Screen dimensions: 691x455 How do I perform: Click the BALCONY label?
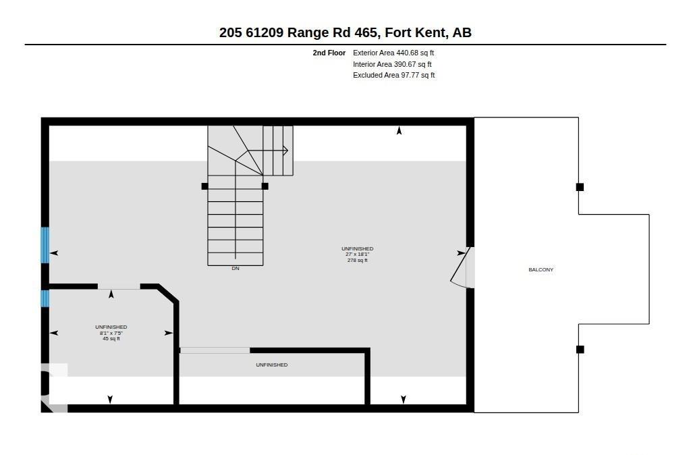pos(541,269)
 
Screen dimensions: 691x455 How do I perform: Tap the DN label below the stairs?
pos(236,268)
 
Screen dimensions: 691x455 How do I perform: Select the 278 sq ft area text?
pos(358,260)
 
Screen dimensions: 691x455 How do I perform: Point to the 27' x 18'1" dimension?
pos(358,255)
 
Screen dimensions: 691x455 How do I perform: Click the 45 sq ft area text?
pos(111,339)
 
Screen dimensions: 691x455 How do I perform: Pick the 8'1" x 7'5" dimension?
pos(111,333)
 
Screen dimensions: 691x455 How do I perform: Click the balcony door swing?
pos(460,266)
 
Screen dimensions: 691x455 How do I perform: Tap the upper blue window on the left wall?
pos(45,245)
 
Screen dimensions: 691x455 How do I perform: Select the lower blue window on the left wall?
pos(45,298)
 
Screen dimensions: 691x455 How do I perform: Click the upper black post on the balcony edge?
pos(580,187)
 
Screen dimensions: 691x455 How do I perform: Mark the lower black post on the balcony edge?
pos(580,350)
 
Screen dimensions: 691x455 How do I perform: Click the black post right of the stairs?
pos(265,186)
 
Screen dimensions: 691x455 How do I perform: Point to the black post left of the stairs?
pos(204,186)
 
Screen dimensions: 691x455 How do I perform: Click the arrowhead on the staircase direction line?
pos(285,151)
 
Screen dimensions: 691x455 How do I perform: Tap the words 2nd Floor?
pos(329,53)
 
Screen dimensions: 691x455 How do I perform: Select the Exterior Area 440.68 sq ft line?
pos(393,53)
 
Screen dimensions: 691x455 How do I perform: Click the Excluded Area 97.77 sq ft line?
pos(394,76)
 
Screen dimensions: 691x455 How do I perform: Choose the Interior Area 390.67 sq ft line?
pos(392,64)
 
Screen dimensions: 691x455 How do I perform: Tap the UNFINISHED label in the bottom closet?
pos(272,365)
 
